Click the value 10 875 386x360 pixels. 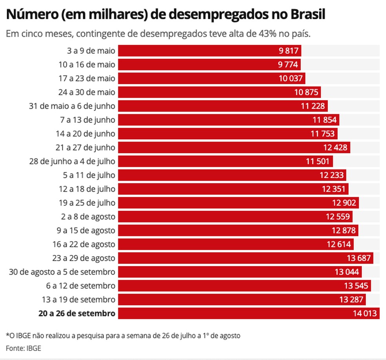307,92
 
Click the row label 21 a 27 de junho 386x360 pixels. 91,147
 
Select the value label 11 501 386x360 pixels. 319,161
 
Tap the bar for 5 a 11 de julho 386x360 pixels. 232,175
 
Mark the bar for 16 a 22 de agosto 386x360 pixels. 236,244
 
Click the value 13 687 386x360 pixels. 359,258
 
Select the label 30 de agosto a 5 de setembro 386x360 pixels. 62,272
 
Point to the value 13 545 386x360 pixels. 357,285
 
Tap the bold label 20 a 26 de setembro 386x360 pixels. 77,313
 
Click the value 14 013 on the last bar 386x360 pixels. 365,313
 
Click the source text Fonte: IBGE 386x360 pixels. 23,348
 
